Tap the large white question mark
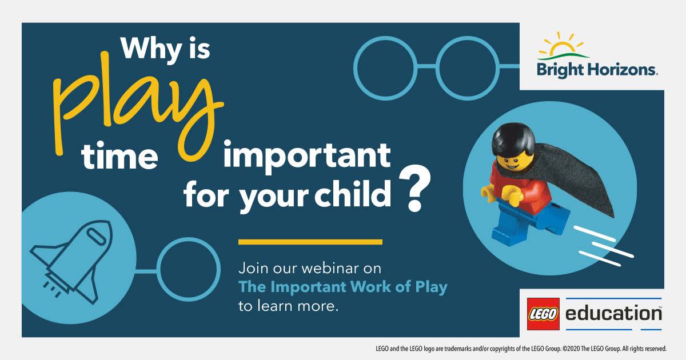click(414, 189)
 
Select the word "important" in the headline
click(307, 156)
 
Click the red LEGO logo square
click(543, 314)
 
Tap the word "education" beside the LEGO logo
click(613, 313)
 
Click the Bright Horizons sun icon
click(563, 46)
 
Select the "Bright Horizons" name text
click(597, 70)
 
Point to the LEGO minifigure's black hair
click(513, 139)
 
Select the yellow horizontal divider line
click(310, 242)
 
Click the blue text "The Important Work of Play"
click(342, 287)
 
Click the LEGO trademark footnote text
click(521, 349)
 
